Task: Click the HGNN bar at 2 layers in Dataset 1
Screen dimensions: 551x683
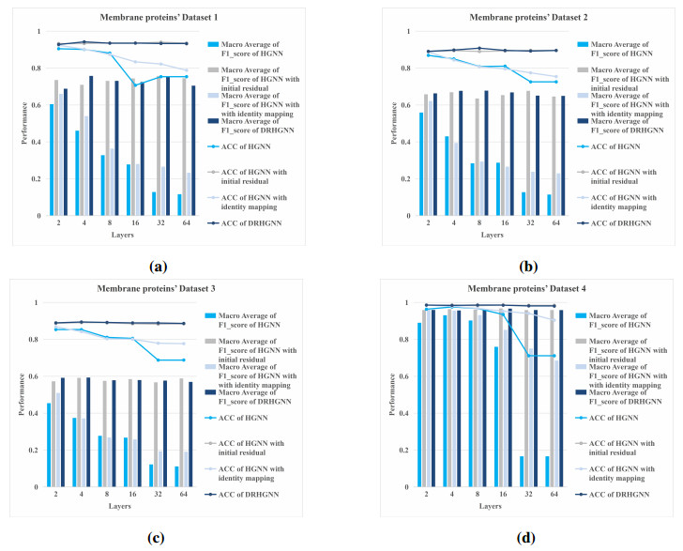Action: point(53,160)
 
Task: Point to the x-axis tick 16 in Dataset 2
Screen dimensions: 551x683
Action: point(507,224)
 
